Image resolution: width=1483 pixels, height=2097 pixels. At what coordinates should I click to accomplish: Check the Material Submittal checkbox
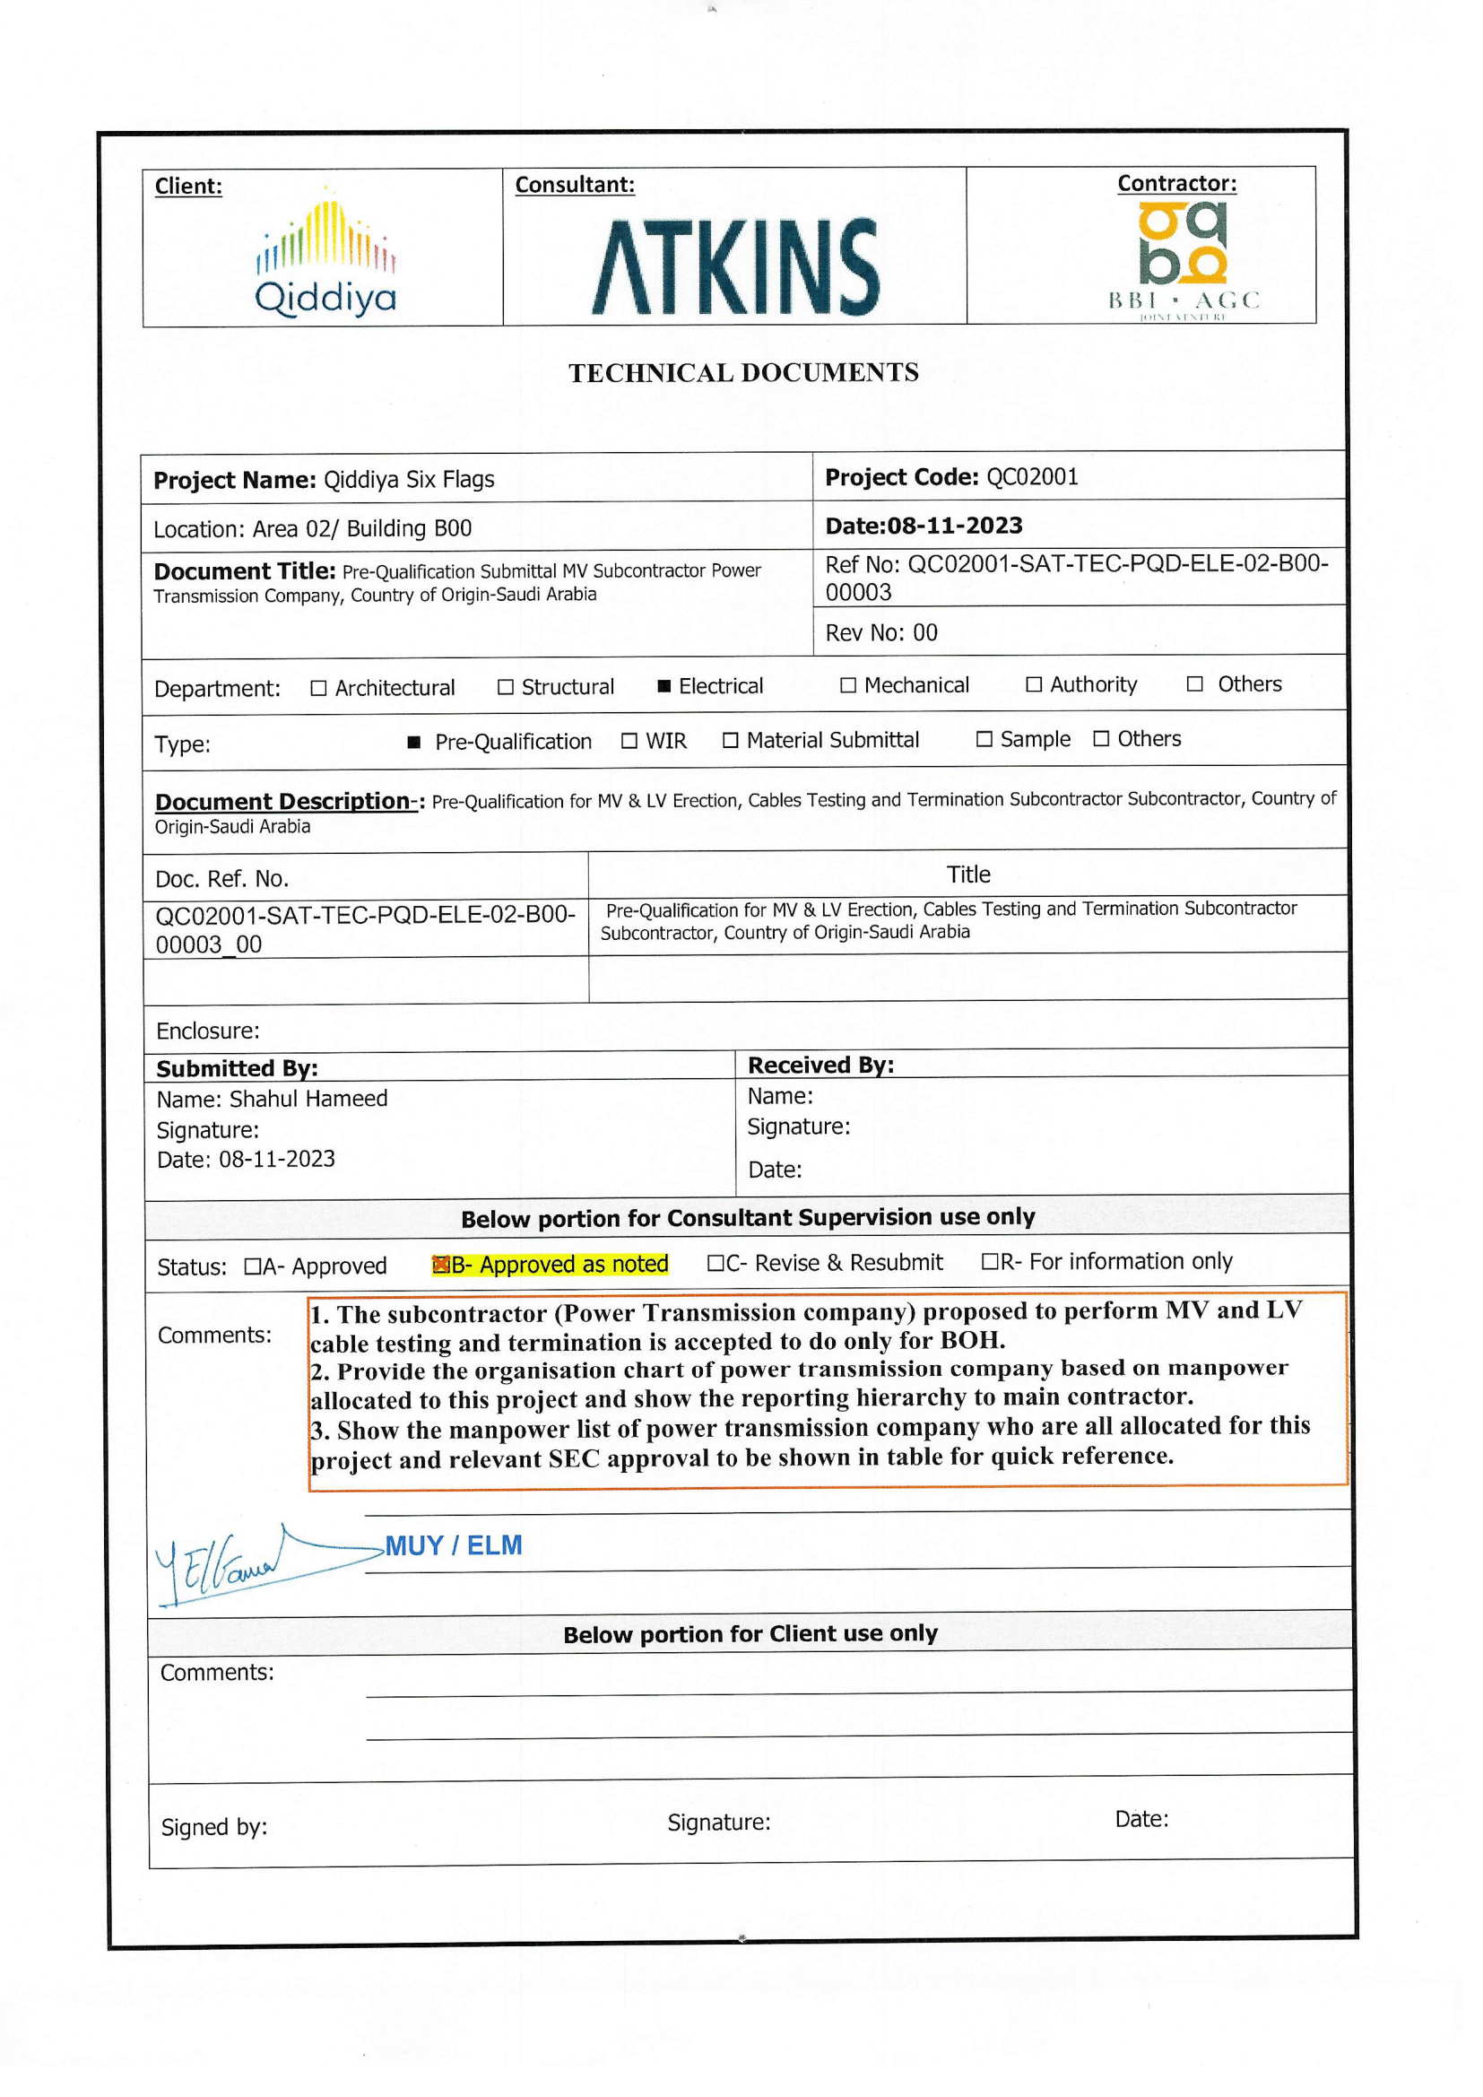click(x=730, y=741)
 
